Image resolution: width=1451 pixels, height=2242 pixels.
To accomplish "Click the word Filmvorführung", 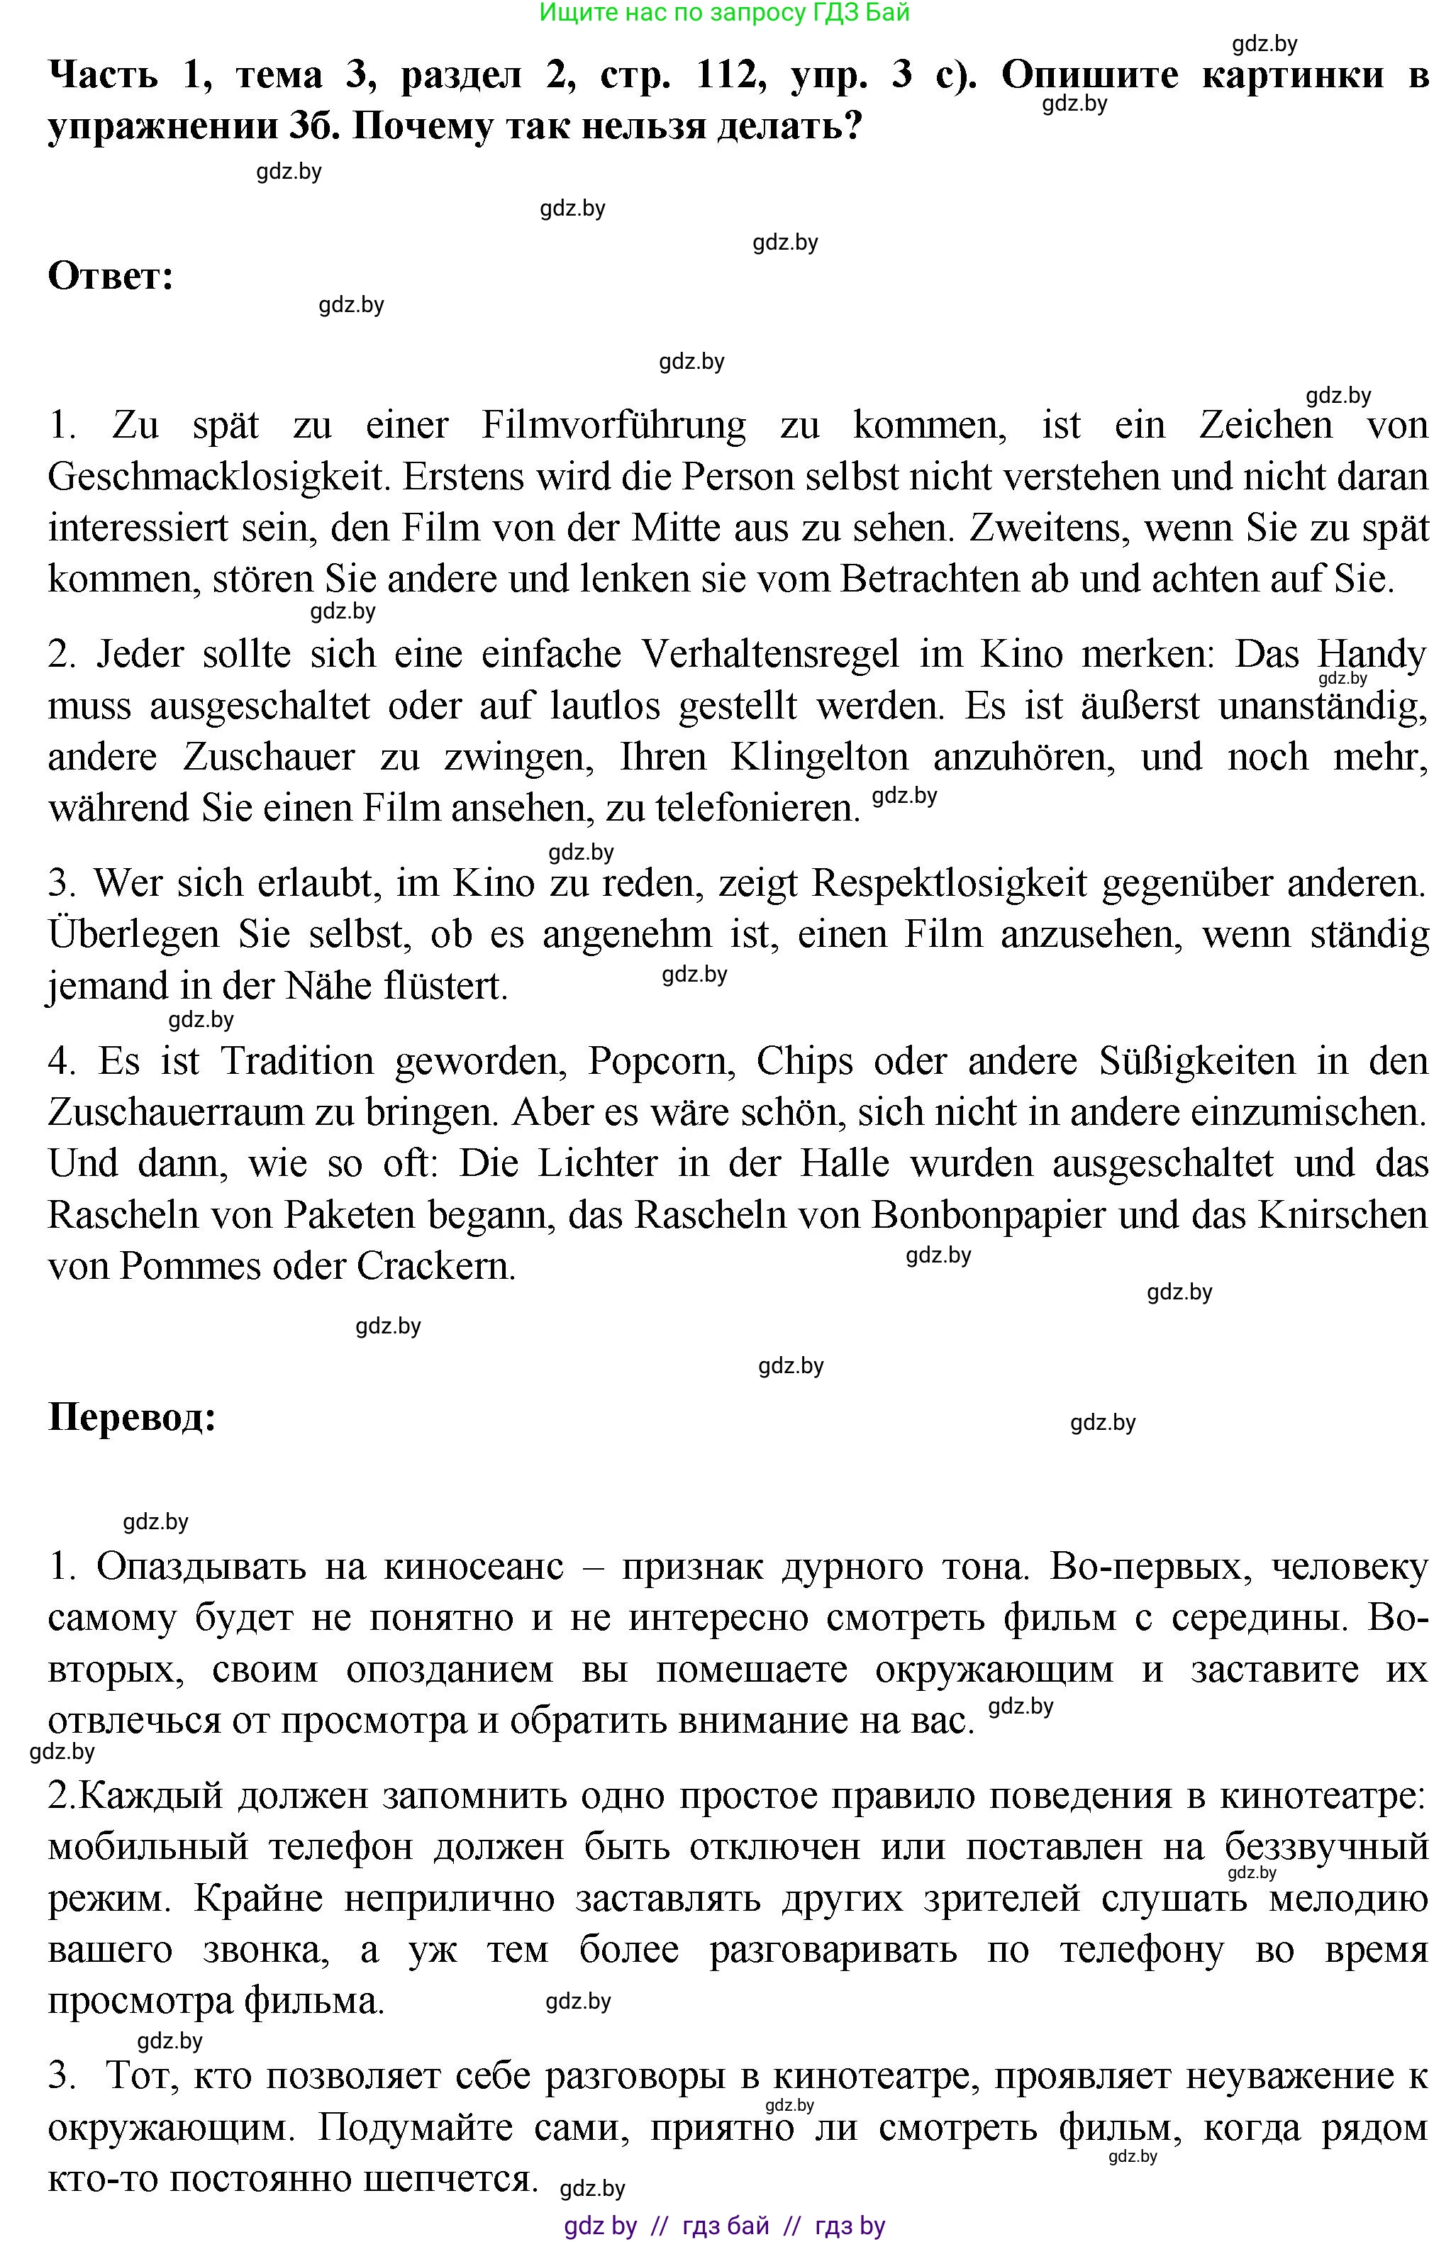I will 613,425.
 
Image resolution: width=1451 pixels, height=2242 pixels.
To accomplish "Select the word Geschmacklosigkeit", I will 218,477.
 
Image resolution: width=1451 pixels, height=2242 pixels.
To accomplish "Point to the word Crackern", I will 435,1266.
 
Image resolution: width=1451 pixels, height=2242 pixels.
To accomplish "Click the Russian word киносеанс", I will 474,1567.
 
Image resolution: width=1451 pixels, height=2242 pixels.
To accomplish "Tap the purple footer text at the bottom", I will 725,2226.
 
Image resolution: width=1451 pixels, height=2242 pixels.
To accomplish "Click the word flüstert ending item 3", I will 445,987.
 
